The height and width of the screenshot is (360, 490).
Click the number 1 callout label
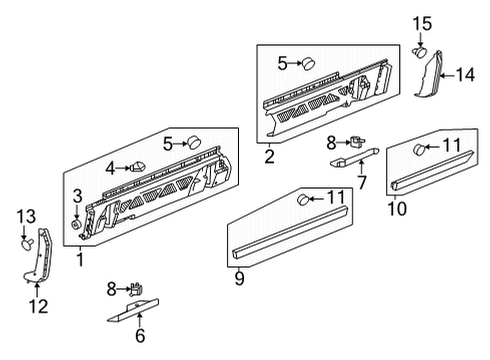81,260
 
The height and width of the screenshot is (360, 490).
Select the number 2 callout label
269,157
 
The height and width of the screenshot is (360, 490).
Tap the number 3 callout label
76,195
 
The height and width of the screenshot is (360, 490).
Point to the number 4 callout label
111,167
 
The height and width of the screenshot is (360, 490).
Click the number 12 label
37,307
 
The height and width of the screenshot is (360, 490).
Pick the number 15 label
424,22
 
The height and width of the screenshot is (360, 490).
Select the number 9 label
240,280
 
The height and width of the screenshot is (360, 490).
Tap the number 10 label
396,208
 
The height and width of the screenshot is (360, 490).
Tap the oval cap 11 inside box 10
421,149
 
